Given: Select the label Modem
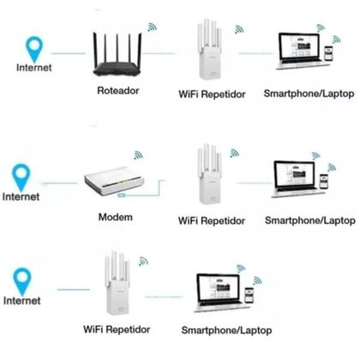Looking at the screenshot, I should (x=116, y=217).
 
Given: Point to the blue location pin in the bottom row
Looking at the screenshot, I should (x=22, y=279).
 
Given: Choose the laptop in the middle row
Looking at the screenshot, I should (x=292, y=182).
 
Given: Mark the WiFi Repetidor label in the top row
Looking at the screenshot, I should (x=211, y=92).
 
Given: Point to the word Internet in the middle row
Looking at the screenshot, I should (x=21, y=196).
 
